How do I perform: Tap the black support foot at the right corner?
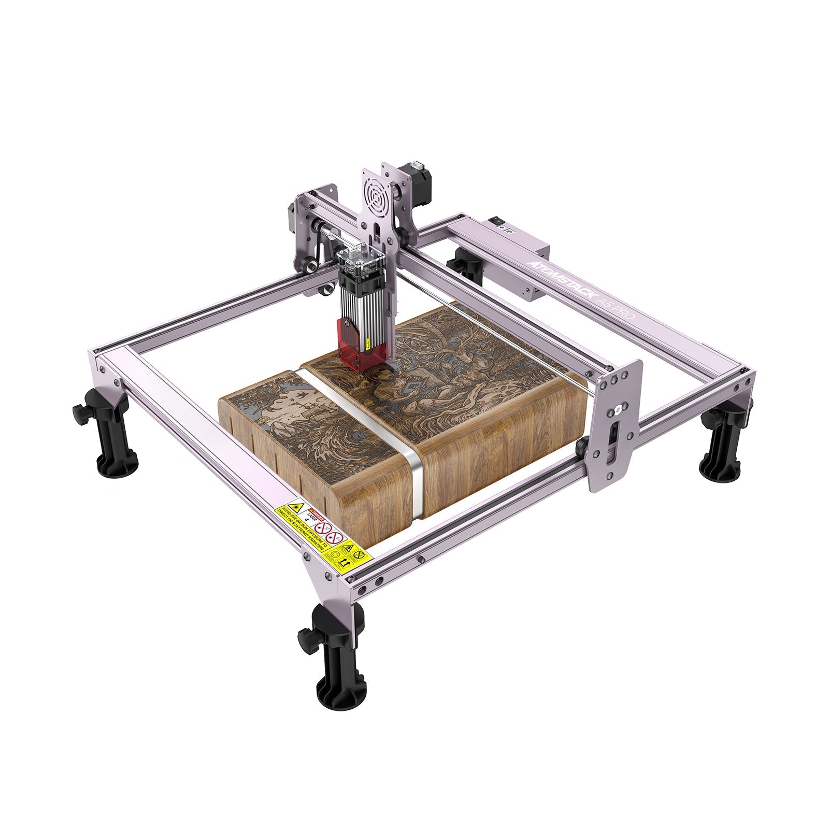coord(723,440)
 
